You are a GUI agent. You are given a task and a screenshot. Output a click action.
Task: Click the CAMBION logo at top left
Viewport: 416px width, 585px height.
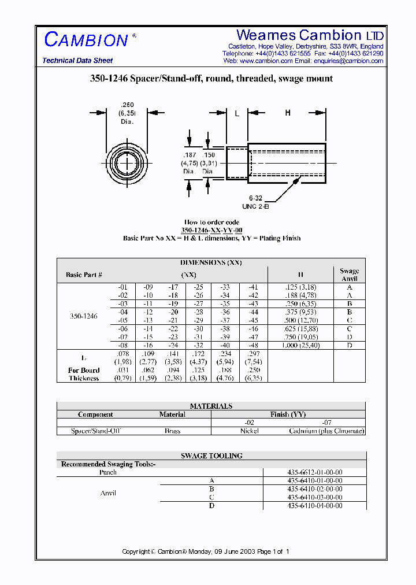pyautogui.click(x=86, y=40)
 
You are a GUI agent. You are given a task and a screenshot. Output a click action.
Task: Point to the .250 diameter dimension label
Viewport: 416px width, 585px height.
pyautogui.click(x=127, y=113)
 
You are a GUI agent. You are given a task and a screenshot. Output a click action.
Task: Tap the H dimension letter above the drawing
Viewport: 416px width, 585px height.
pyautogui.click(x=288, y=113)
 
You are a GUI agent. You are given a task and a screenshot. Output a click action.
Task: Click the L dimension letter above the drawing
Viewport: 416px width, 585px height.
pyautogui.click(x=237, y=114)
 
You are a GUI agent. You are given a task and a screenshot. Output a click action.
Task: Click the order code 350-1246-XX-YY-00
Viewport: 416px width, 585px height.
pyautogui.click(x=211, y=230)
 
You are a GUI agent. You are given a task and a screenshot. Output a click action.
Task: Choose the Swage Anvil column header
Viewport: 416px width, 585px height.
pyautogui.click(x=349, y=274)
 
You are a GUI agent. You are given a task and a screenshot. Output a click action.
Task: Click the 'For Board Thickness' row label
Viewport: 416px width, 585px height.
pyautogui.click(x=84, y=374)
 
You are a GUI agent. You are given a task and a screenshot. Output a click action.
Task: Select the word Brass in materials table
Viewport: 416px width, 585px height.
pyautogui.click(x=172, y=431)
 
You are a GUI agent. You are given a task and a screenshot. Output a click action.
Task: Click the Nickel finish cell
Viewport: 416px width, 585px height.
pyautogui.click(x=250, y=431)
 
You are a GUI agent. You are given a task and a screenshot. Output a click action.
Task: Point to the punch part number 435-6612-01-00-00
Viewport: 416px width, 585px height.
pyautogui.click(x=315, y=472)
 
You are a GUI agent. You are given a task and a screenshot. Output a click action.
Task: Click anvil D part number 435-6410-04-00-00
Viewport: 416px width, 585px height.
pyautogui.click(x=315, y=505)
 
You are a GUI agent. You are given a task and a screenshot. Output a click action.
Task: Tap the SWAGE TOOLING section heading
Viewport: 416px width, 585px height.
pyautogui.click(x=211, y=456)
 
